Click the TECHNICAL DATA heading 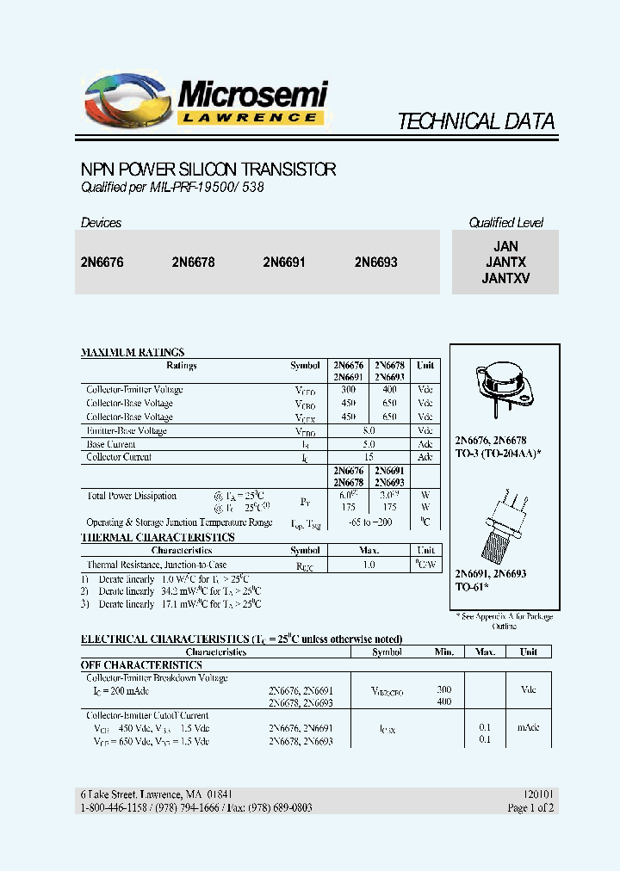(475, 121)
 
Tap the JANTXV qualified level (505, 278)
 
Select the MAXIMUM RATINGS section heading (133, 352)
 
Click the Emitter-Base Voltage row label (127, 430)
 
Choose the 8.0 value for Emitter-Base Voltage (370, 430)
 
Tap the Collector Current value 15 (370, 457)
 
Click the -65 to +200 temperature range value (370, 522)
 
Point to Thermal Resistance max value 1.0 (369, 565)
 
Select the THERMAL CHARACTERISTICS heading (158, 537)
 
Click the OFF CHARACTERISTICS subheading (141, 665)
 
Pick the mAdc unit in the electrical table (528, 727)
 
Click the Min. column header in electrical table (444, 652)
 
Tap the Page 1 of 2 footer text (530, 807)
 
